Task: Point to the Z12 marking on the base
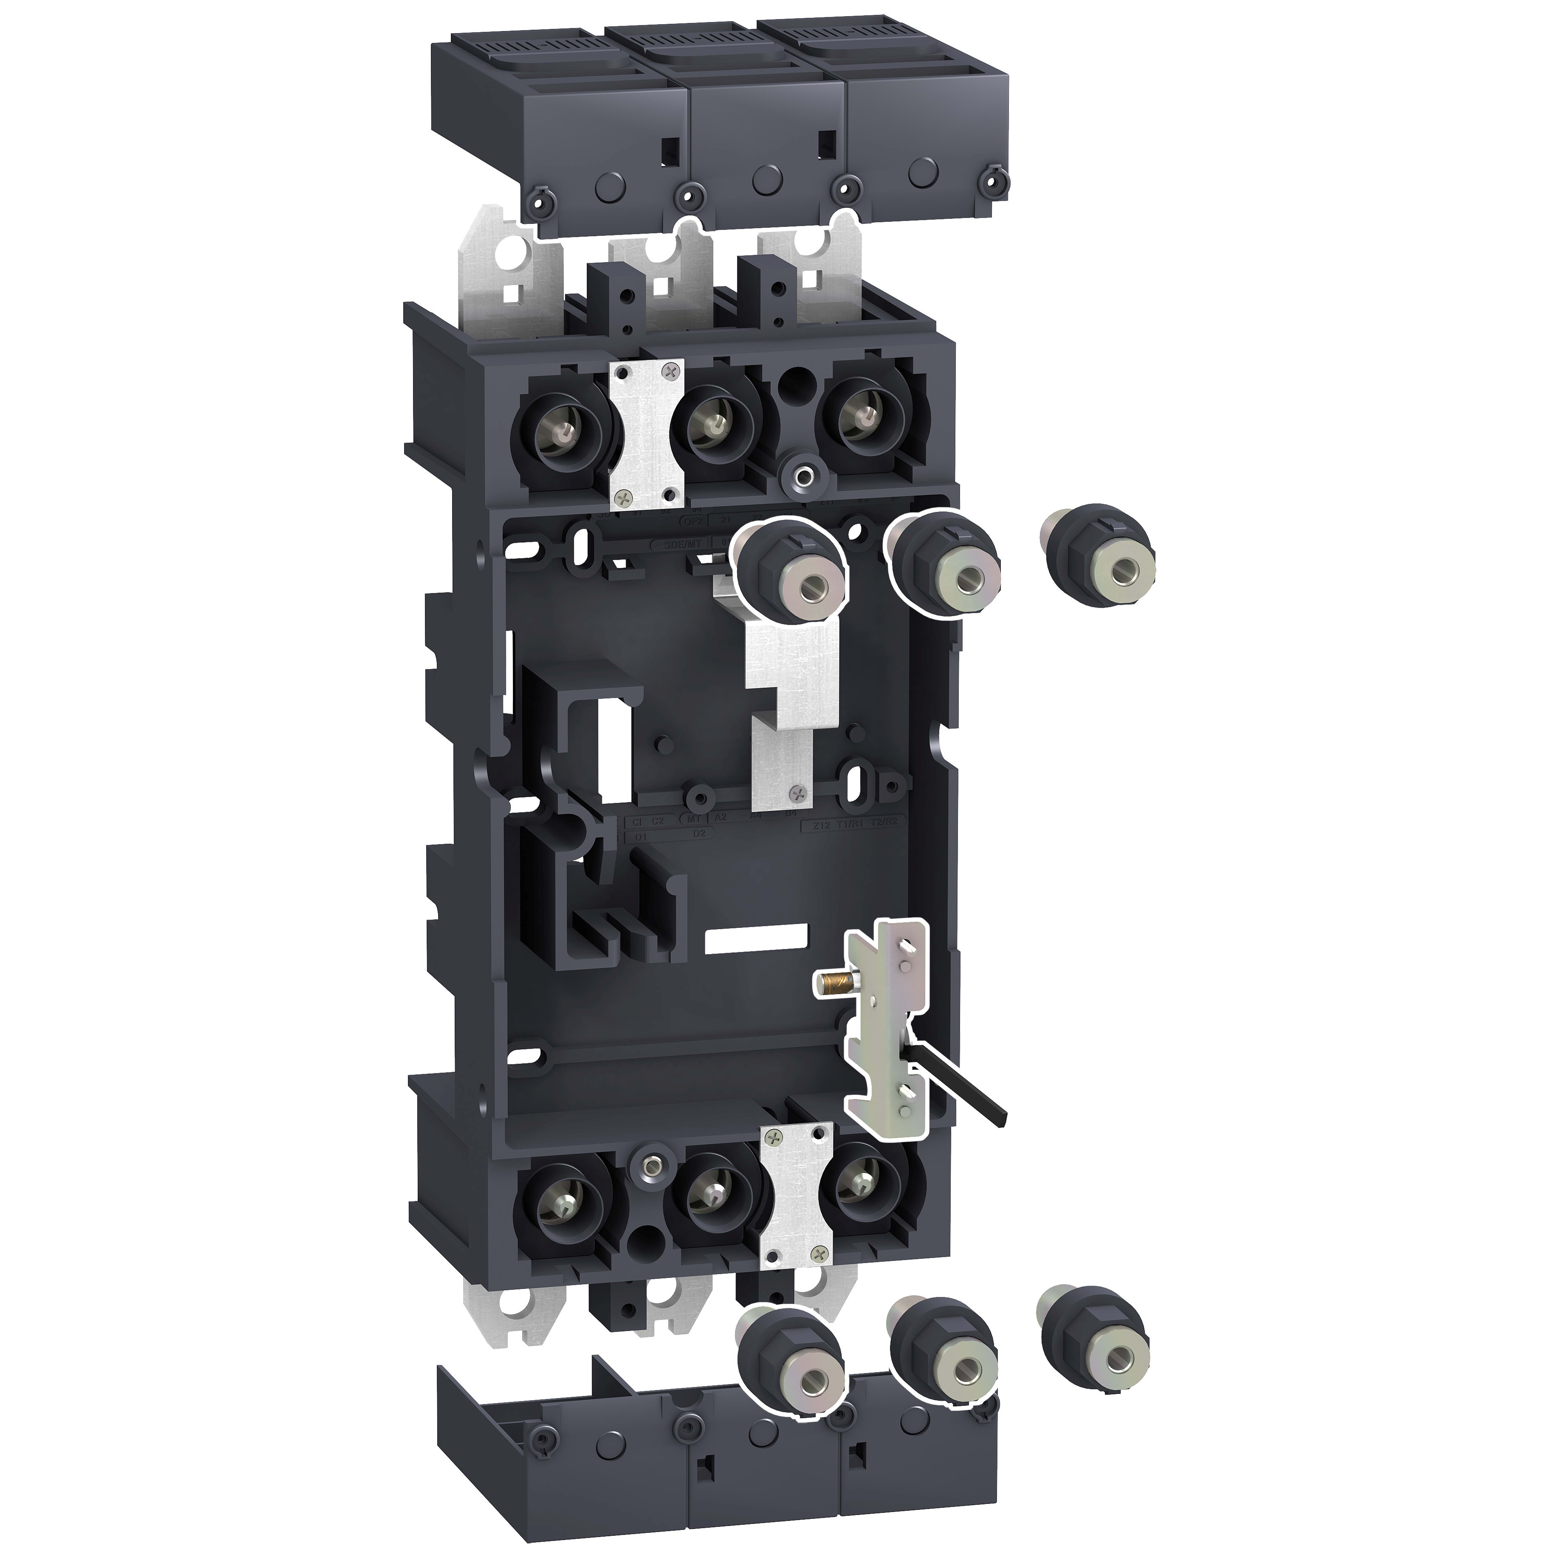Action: click(821, 825)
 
